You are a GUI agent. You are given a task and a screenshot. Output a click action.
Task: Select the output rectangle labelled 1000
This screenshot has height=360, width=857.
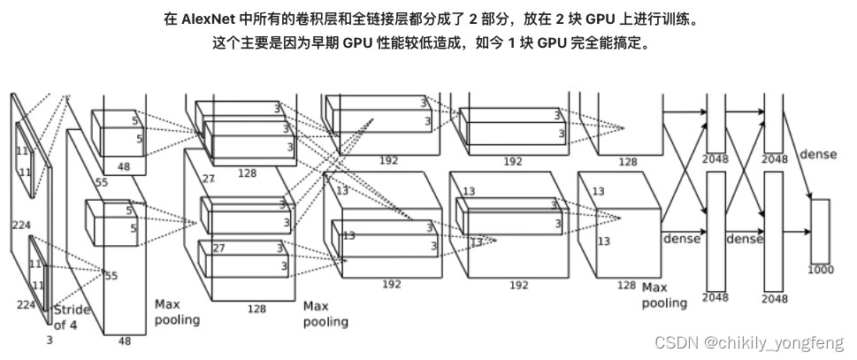point(819,231)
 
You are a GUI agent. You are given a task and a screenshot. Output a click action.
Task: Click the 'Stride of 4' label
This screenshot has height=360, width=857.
point(72,317)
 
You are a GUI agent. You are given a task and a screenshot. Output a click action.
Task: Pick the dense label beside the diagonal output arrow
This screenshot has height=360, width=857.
point(817,155)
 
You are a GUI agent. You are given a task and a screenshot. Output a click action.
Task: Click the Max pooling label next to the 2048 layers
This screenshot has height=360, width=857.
point(664,295)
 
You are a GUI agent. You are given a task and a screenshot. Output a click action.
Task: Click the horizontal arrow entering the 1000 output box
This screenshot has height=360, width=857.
point(796,231)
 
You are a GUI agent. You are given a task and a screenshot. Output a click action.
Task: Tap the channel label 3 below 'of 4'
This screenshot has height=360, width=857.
point(49,339)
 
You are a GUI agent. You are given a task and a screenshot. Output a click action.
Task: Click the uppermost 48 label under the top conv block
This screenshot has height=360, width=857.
point(111,166)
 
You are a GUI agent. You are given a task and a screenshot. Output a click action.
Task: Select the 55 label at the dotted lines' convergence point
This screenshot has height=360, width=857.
point(111,276)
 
